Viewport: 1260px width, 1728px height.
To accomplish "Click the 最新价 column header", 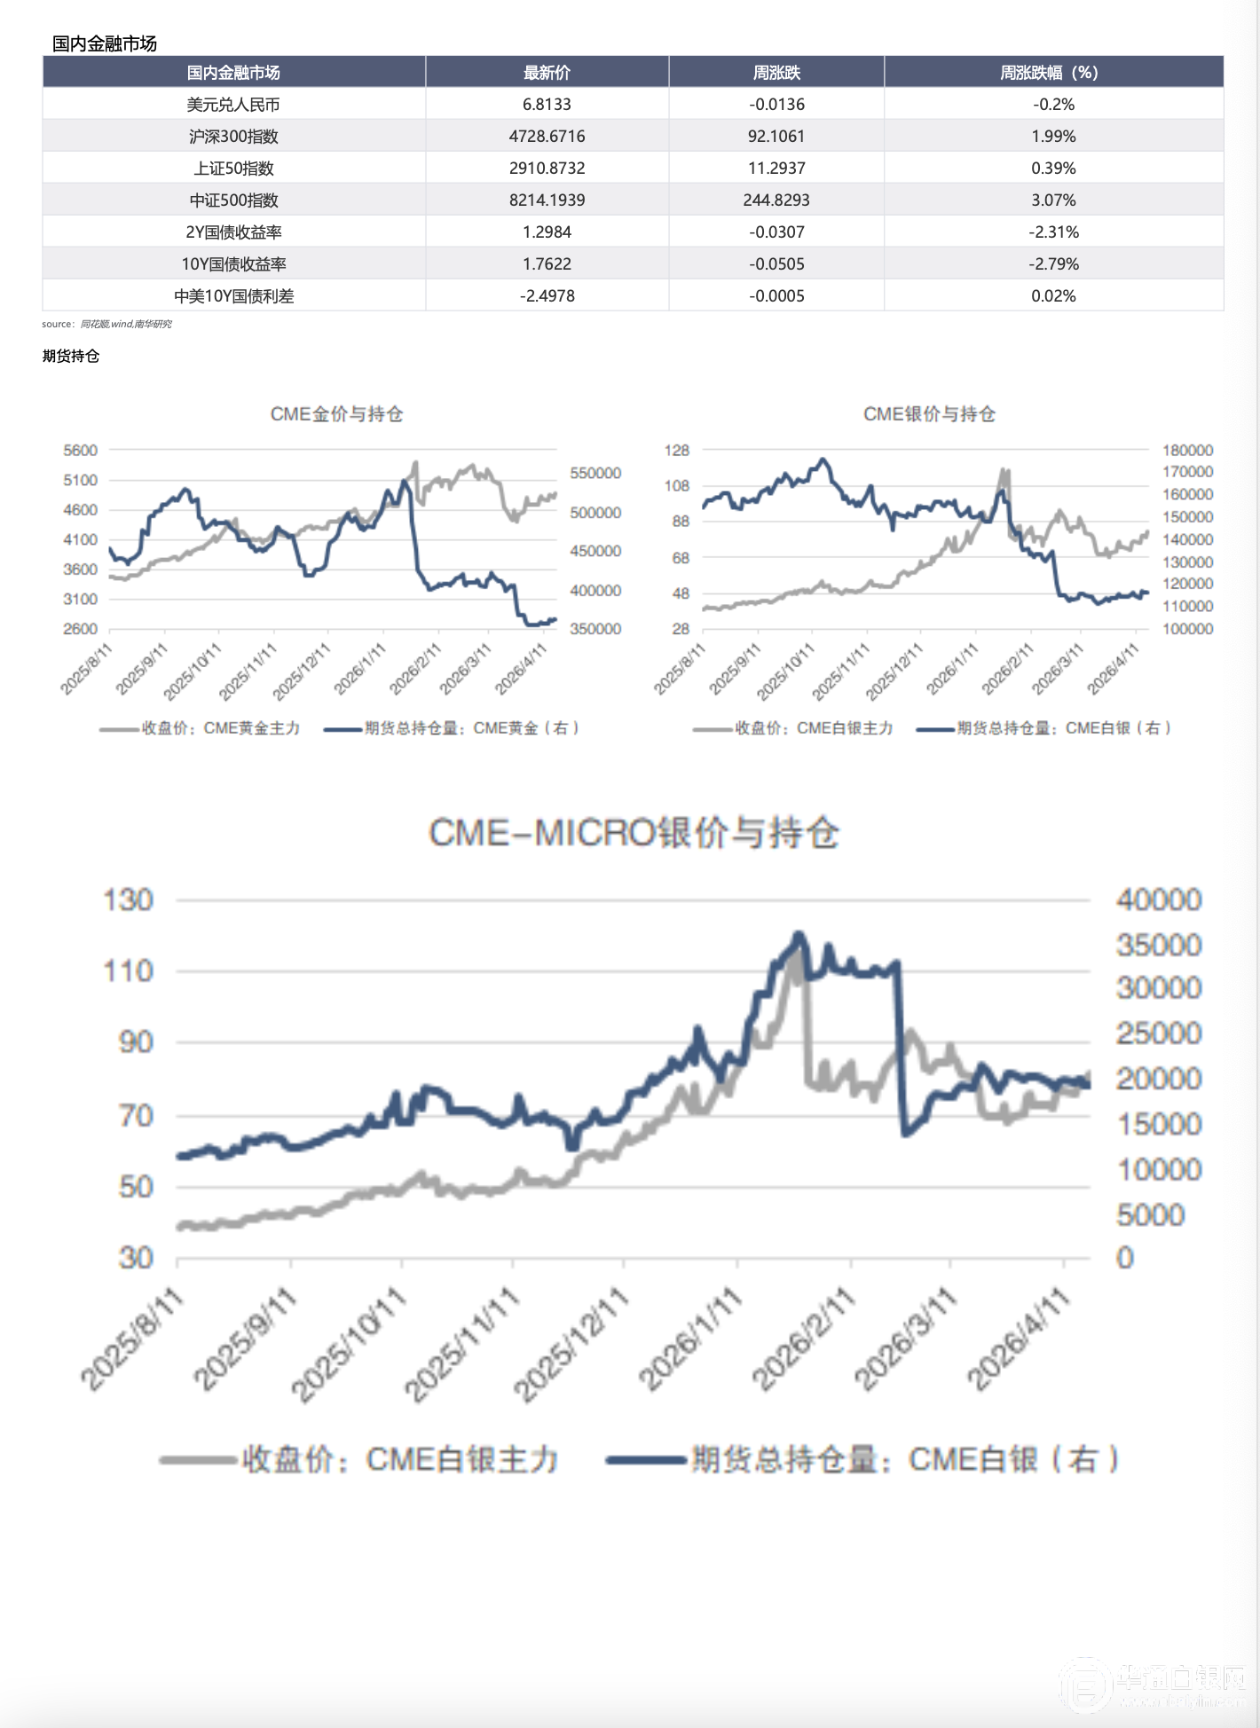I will pyautogui.click(x=547, y=73).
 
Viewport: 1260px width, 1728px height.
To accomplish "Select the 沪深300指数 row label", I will pyautogui.click(x=233, y=137).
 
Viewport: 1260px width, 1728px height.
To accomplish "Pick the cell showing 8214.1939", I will pyautogui.click(x=547, y=200).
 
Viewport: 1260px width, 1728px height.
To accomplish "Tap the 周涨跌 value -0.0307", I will pyautogui.click(x=776, y=232).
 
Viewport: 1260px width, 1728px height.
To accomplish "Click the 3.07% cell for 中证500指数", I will pyautogui.click(x=1053, y=200).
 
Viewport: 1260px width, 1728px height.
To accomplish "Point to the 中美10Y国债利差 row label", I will pyautogui.click(x=233, y=296).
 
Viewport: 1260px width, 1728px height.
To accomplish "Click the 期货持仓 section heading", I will pyautogui.click(x=71, y=356).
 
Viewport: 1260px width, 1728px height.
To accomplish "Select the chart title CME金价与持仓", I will pyautogui.click(x=336, y=414).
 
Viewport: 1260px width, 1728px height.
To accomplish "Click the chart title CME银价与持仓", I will pyautogui.click(x=929, y=414).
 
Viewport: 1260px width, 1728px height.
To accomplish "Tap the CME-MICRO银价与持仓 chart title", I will pyautogui.click(x=634, y=833).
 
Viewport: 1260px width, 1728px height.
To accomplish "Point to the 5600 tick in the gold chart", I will pyautogui.click(x=81, y=451).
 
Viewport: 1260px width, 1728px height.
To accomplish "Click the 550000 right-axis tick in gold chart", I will pyautogui.click(x=595, y=474).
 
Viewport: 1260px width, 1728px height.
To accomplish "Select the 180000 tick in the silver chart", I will pyautogui.click(x=1187, y=451).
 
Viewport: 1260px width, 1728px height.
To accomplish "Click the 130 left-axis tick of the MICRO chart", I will pyautogui.click(x=129, y=900).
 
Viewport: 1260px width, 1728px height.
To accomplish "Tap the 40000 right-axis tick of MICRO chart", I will pyautogui.click(x=1159, y=900).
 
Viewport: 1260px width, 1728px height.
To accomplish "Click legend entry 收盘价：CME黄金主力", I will pyautogui.click(x=201, y=728).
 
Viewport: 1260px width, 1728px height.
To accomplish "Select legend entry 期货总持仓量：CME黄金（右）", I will pyautogui.click(x=453, y=728).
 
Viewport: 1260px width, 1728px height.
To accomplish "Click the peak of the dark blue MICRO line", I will pyautogui.click(x=799, y=934).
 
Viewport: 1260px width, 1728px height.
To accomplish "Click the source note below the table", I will pyautogui.click(x=107, y=325).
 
